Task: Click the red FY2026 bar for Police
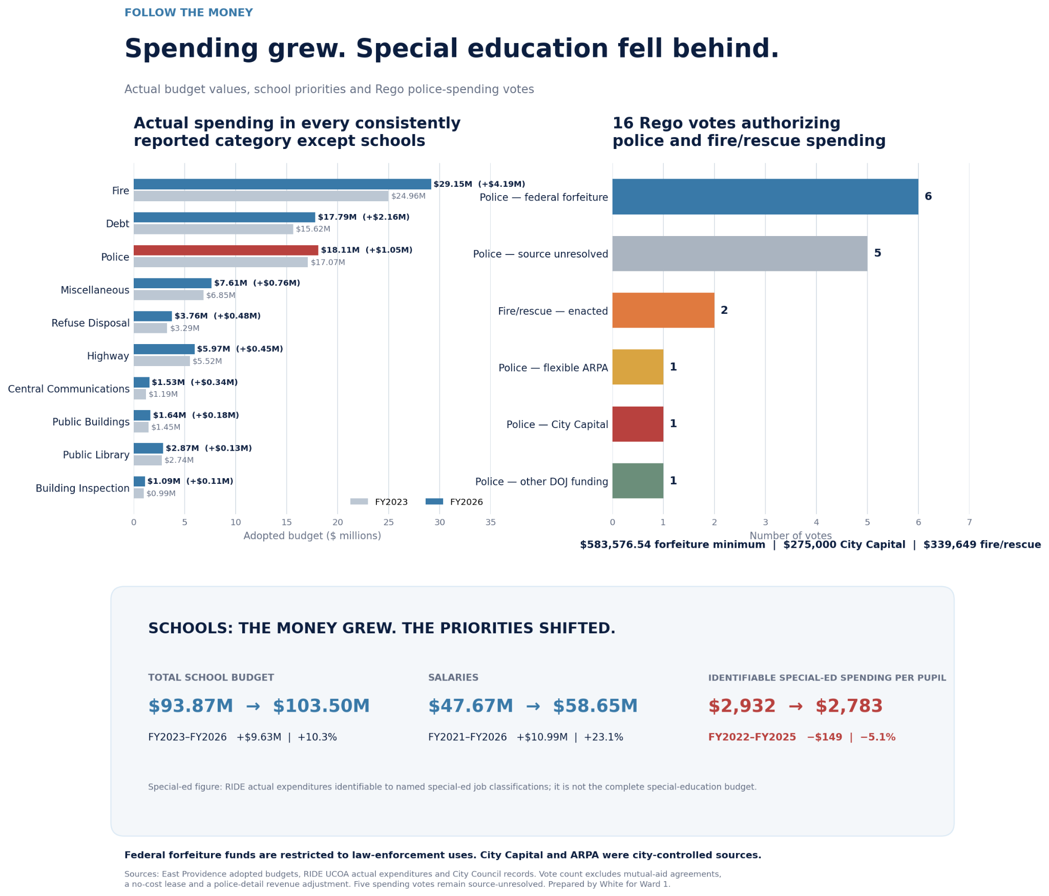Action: (226, 250)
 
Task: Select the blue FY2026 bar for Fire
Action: (282, 184)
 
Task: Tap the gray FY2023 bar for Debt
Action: (214, 229)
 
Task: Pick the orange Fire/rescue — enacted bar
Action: (663, 310)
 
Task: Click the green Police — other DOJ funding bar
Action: (638, 481)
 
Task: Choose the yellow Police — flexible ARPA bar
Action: (638, 367)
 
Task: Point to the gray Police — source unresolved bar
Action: (740, 253)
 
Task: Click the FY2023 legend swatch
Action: (359, 502)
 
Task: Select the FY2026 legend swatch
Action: (434, 502)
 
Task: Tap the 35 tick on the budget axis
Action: (491, 522)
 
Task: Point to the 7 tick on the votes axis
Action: (969, 522)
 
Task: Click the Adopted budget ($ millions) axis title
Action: (312, 536)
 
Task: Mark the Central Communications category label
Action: (69, 389)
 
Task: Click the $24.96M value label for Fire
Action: (408, 196)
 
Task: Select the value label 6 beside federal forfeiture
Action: (928, 197)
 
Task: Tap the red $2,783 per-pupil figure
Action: (849, 706)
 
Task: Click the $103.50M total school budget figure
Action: (321, 706)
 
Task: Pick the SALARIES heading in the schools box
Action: (453, 678)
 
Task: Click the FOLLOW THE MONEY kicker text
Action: (188, 13)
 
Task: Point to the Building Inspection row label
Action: (82, 488)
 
